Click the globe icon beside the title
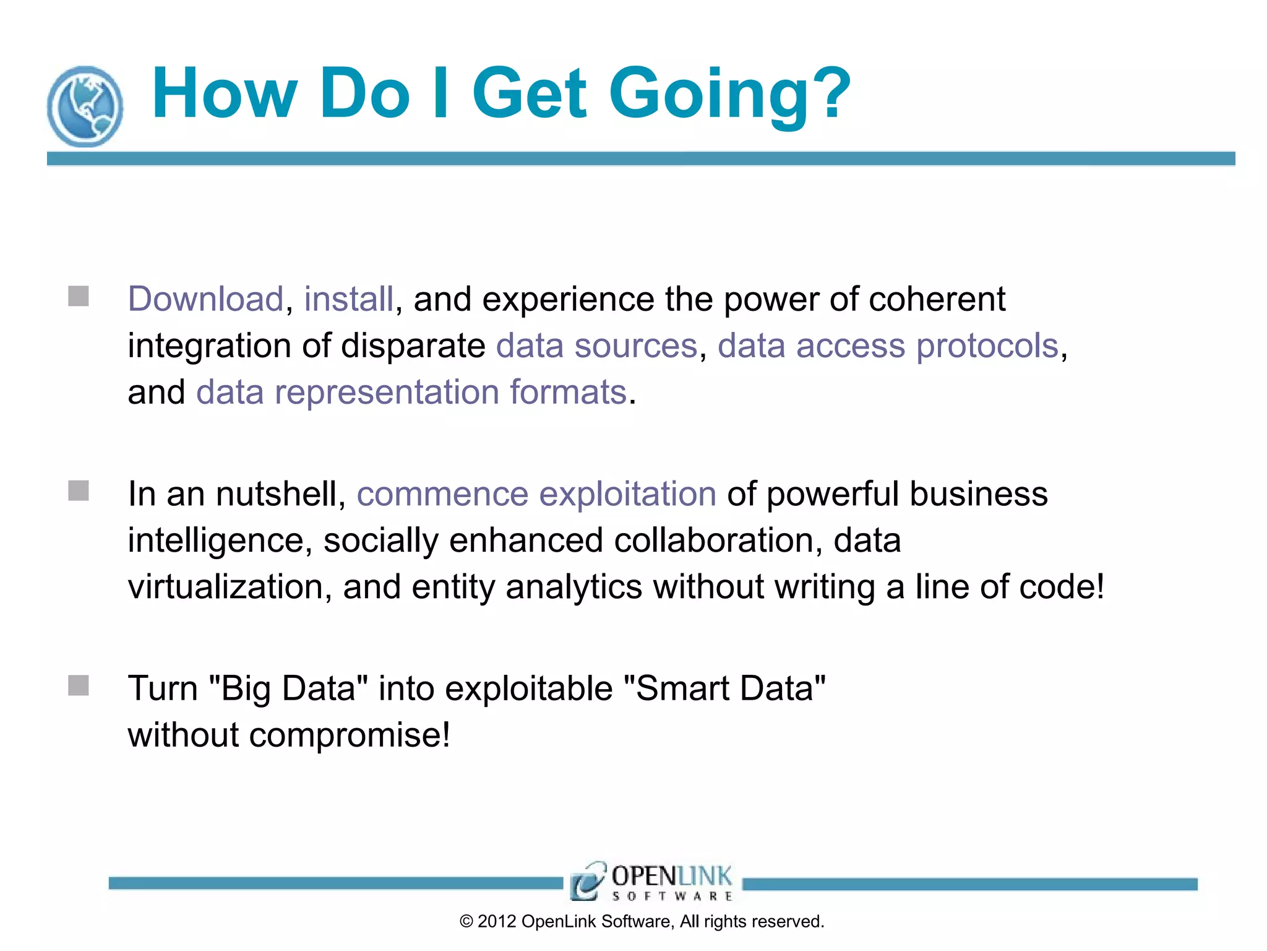pos(85,106)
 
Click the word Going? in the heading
pos(730,94)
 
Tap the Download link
pos(205,299)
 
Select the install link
pos(348,299)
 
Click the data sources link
pos(596,345)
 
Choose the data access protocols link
pos(888,345)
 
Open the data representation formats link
pos(411,393)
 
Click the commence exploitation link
pos(536,494)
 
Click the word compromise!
pos(350,736)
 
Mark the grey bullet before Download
pos(79,296)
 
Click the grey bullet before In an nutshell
pos(79,491)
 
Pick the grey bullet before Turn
pos(79,685)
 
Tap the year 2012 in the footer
pos(497,921)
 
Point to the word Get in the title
pos(530,94)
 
